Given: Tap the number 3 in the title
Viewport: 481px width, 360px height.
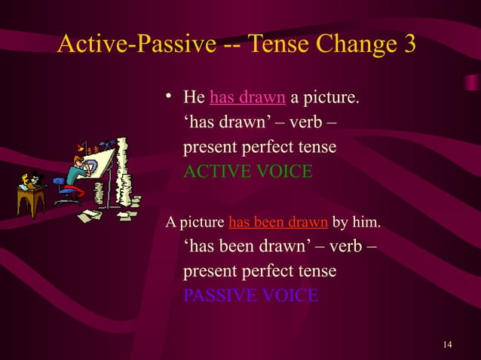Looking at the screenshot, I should click(409, 44).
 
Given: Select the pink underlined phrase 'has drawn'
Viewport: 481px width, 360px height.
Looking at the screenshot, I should click(247, 98).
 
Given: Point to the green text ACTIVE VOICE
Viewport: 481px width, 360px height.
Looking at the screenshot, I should click(247, 172).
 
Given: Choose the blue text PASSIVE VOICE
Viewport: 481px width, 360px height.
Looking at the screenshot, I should click(251, 294).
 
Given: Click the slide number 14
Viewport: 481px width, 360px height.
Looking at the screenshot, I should click(448, 345).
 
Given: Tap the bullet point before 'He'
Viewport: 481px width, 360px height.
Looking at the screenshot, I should click(170, 96).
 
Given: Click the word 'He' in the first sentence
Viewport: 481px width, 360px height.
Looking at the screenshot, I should click(195, 98).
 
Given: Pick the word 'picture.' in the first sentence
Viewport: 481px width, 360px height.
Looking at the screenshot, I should click(332, 98).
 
